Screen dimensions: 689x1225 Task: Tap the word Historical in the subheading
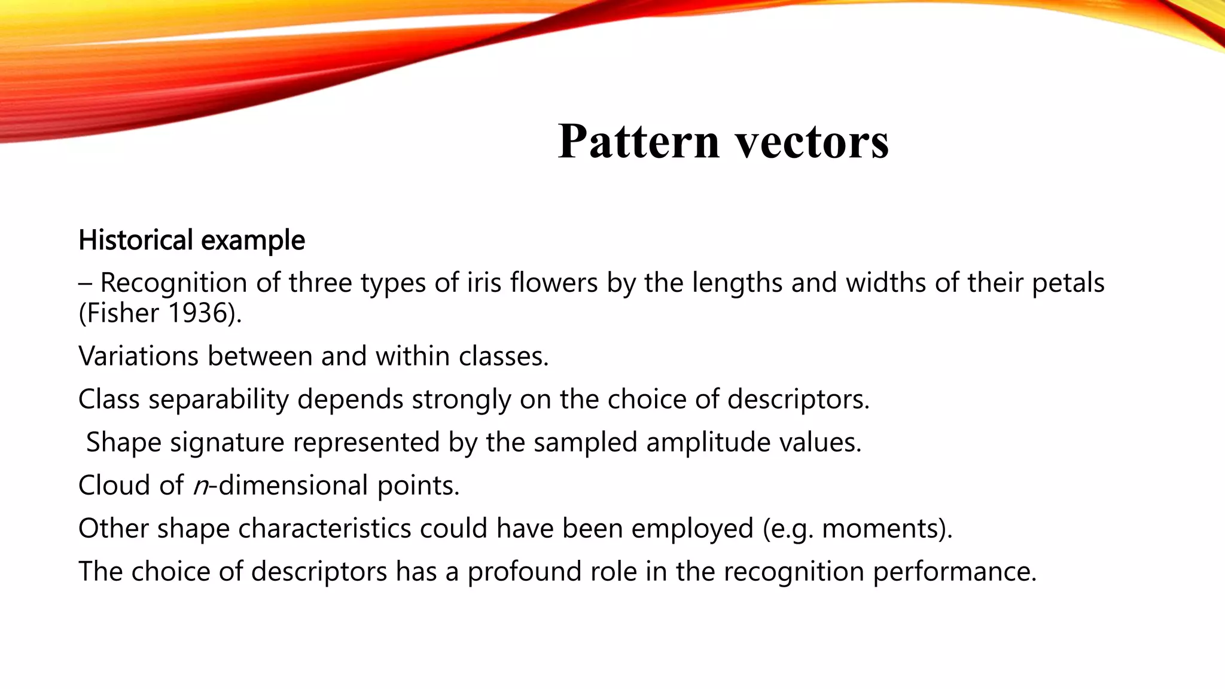point(136,240)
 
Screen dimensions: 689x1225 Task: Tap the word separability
point(218,400)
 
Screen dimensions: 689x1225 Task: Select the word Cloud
point(114,486)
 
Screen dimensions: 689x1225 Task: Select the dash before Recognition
point(84,283)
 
